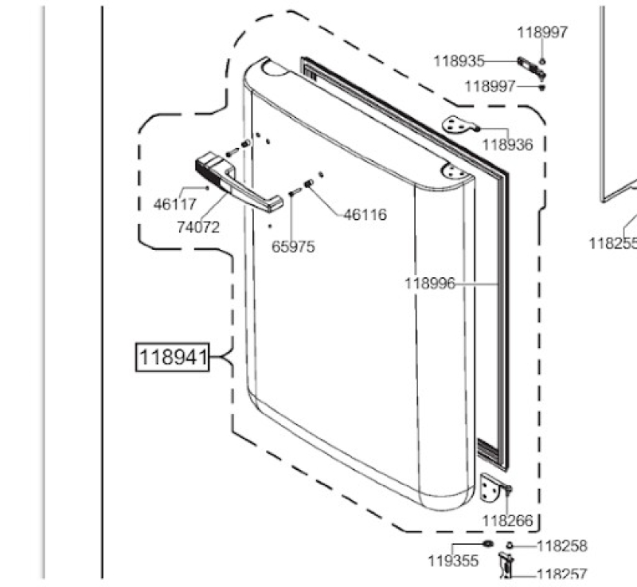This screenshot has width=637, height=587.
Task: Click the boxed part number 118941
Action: [x=173, y=358]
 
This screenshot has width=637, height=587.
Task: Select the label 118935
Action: [x=459, y=61]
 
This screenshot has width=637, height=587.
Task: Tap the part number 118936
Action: [x=507, y=145]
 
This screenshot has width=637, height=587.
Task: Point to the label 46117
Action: [x=175, y=205]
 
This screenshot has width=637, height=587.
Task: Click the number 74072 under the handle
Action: [x=197, y=227]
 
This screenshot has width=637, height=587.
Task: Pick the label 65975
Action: [x=293, y=247]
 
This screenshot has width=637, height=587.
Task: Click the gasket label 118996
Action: [x=429, y=284]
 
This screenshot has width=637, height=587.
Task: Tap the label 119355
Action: [x=453, y=561]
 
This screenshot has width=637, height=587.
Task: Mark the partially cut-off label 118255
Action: [x=612, y=243]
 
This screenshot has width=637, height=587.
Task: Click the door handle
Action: [x=239, y=185]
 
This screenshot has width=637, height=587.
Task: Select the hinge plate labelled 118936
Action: [x=459, y=124]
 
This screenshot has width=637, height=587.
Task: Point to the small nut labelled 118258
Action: [x=510, y=546]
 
